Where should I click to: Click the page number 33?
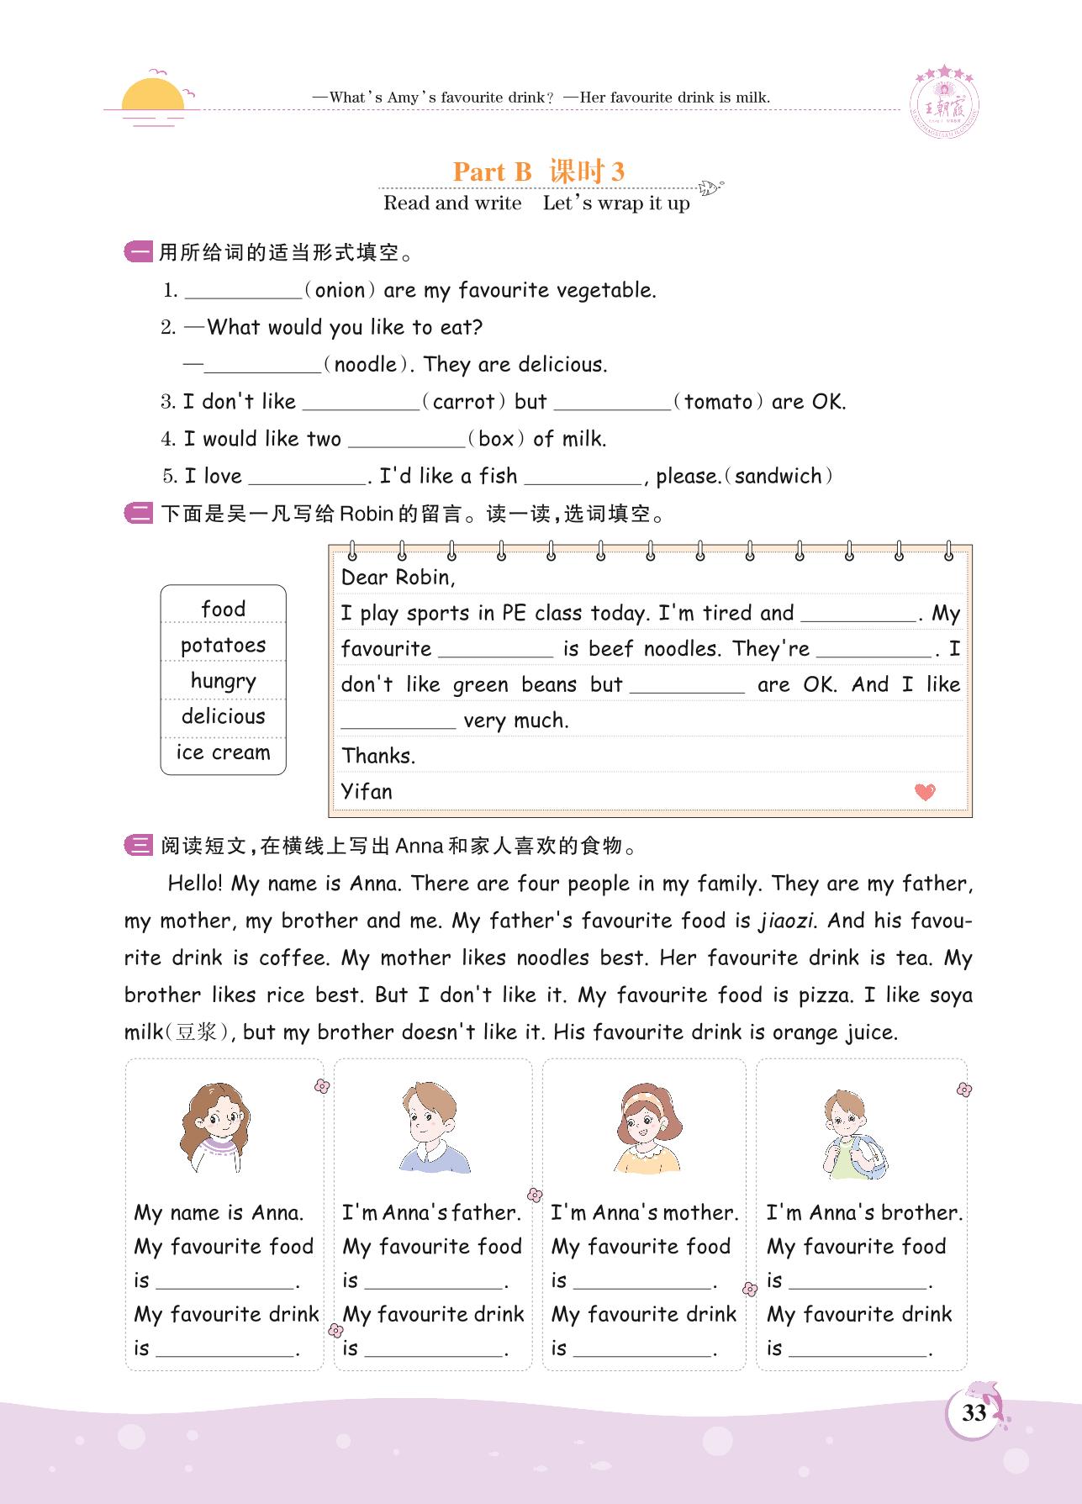pyautogui.click(x=974, y=1412)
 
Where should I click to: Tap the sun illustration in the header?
pyautogui.click(x=152, y=97)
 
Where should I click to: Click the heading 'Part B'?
pyautogui.click(x=493, y=172)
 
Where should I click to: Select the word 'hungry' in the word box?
pyautogui.click(x=223, y=680)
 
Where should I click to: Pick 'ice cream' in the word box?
pyautogui.click(x=223, y=752)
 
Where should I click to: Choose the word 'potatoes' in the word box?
pyautogui.click(x=223, y=645)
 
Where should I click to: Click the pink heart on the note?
pyautogui.click(x=925, y=791)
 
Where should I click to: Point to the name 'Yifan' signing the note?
pyautogui.click(x=367, y=791)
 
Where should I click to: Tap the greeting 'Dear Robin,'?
pyautogui.click(x=398, y=577)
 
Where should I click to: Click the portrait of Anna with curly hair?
pyautogui.click(x=215, y=1127)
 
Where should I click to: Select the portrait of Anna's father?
pyautogui.click(x=432, y=1127)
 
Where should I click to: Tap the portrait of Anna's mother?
pyautogui.click(x=645, y=1127)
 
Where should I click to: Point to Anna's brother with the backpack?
pyautogui.click(x=853, y=1135)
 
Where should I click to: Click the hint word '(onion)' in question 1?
pyautogui.click(x=340, y=291)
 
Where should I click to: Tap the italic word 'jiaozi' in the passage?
pyautogui.click(x=785, y=921)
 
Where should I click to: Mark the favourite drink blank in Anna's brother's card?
pyautogui.click(x=858, y=1350)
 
